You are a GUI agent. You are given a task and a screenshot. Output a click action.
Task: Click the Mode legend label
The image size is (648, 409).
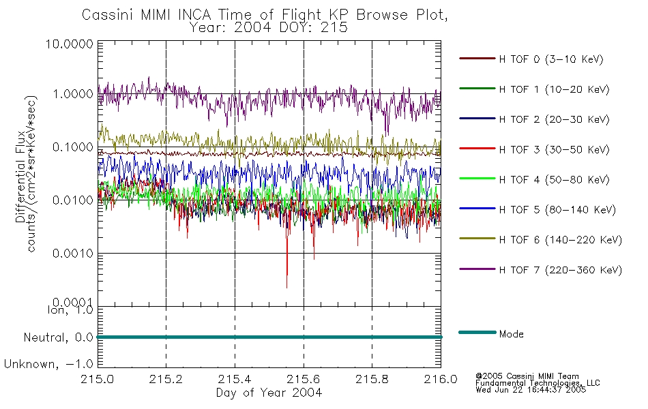click(x=511, y=334)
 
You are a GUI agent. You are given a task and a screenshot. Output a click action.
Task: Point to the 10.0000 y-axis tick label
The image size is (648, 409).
click(x=70, y=44)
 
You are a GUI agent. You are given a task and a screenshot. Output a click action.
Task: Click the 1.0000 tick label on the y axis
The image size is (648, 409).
click(x=73, y=94)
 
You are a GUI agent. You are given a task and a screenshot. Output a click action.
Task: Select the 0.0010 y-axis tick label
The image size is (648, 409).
click(x=73, y=254)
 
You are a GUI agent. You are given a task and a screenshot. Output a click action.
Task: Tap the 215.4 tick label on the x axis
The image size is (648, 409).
click(x=235, y=379)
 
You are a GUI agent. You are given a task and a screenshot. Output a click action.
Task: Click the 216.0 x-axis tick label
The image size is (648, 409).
click(x=441, y=379)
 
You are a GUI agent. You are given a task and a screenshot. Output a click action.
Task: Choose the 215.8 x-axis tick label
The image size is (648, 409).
click(x=372, y=379)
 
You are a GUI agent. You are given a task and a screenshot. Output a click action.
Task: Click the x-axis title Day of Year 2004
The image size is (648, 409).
click(x=269, y=393)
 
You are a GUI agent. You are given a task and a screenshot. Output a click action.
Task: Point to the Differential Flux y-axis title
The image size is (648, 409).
click(x=20, y=177)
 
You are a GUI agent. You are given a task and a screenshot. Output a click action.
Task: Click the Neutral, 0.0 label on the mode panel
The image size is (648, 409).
click(x=58, y=338)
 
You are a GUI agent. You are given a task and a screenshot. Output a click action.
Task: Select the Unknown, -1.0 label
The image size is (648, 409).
click(x=48, y=365)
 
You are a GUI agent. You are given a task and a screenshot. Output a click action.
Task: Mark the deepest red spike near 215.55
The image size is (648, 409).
click(x=286, y=287)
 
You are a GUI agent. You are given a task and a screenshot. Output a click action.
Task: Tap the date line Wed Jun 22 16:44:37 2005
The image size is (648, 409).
click(x=531, y=390)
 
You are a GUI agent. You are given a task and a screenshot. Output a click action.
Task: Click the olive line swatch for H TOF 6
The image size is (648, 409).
click(x=477, y=239)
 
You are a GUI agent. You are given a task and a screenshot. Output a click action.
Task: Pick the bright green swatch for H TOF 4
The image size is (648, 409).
click(x=477, y=179)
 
